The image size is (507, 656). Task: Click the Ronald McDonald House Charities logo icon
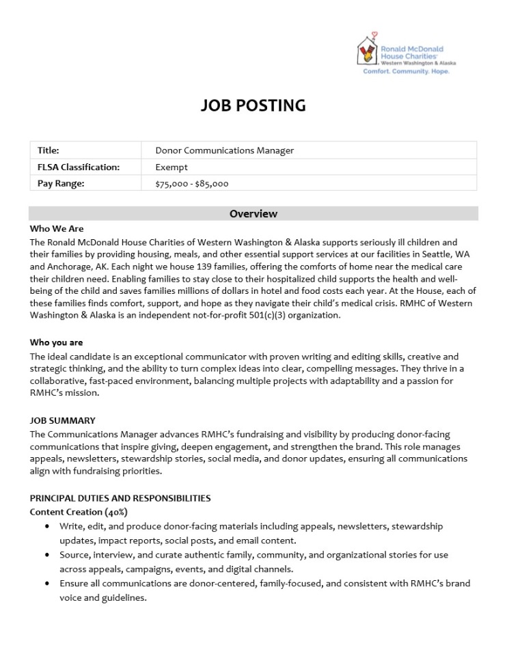(368, 51)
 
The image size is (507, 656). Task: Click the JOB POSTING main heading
(253, 105)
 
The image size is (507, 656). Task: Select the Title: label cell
(49, 150)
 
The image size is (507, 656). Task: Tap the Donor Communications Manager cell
(224, 150)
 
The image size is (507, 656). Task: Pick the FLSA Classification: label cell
(79, 167)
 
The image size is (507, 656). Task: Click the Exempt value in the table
(172, 167)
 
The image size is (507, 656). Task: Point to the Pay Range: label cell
(61, 183)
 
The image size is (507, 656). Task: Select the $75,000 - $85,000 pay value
(192, 183)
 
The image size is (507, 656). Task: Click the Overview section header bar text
(253, 214)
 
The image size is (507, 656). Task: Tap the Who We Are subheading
(57, 229)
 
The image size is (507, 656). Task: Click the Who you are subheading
(56, 342)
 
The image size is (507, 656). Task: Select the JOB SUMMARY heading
(63, 420)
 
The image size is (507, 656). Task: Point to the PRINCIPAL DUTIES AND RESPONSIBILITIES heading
(120, 498)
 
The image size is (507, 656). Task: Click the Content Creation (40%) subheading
(79, 512)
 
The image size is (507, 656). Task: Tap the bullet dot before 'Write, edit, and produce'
(46, 527)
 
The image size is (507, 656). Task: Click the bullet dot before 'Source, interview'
(46, 556)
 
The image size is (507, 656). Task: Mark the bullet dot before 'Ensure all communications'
(46, 584)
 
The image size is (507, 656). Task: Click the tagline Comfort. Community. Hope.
(406, 71)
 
